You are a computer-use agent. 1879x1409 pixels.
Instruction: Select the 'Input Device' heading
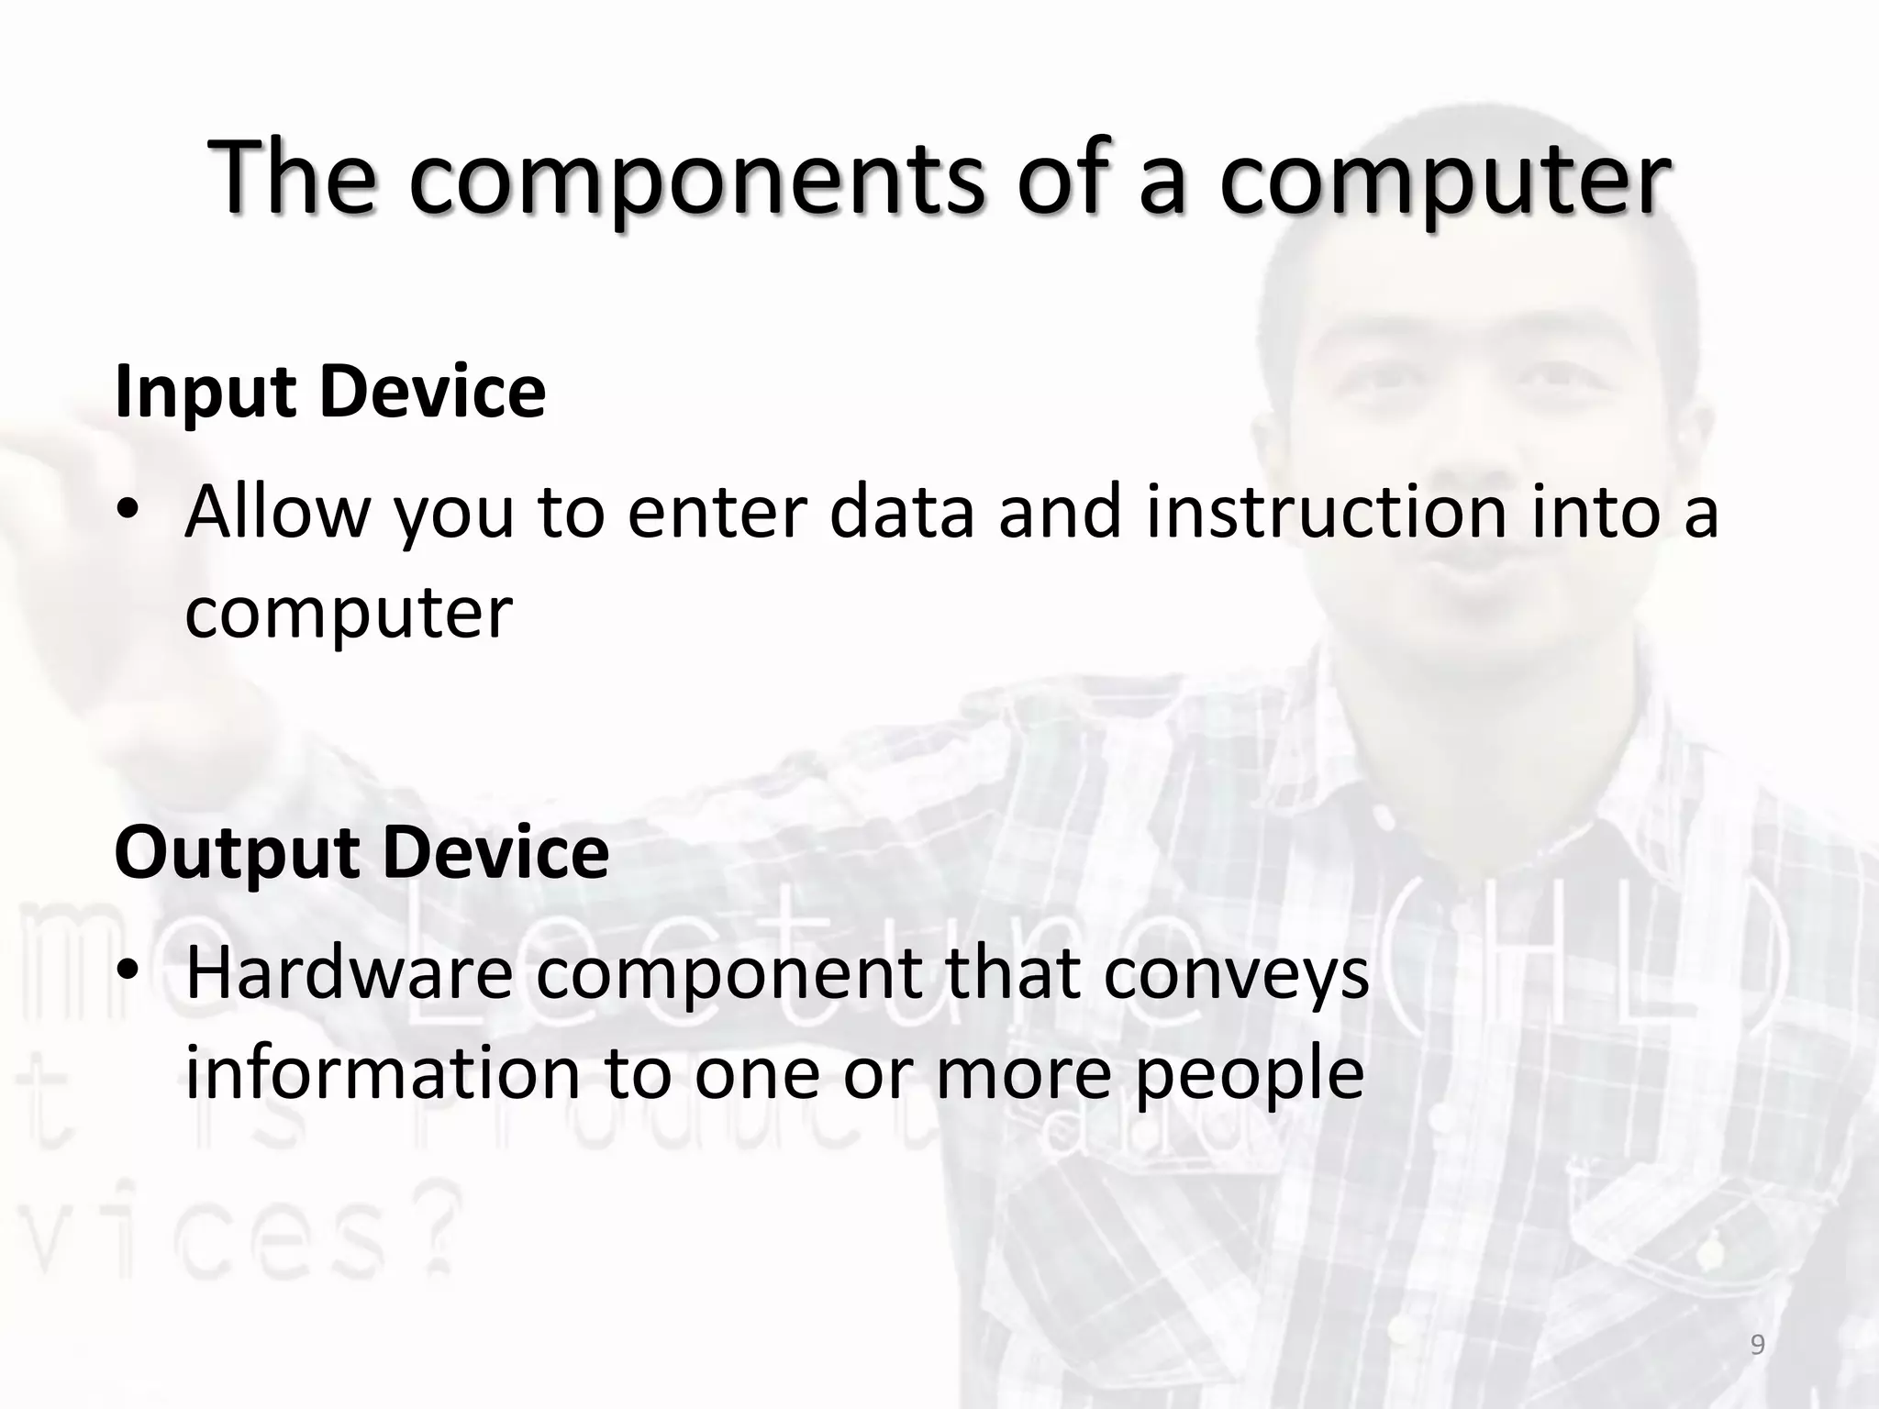pos(330,392)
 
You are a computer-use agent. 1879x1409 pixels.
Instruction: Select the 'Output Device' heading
pos(361,852)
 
